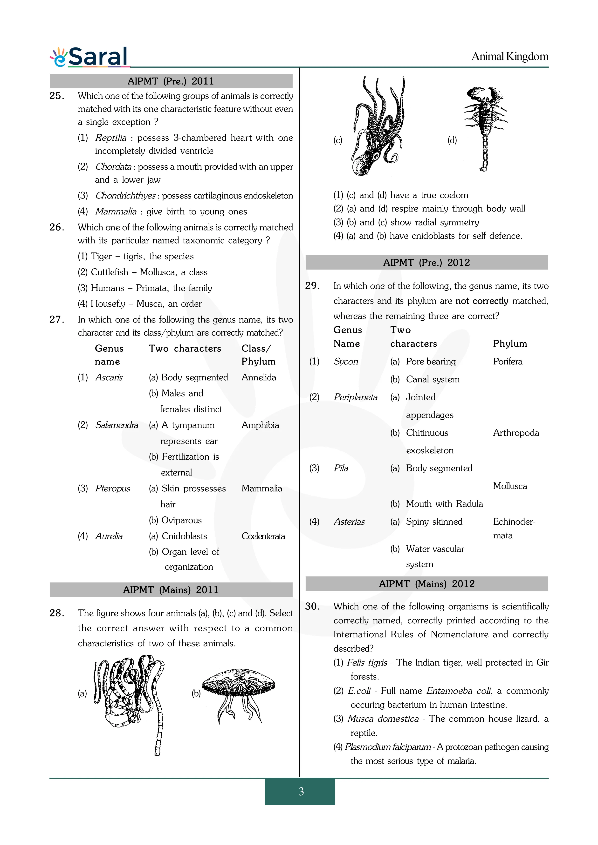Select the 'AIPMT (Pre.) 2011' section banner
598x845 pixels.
click(x=171, y=81)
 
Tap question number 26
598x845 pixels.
click(x=57, y=227)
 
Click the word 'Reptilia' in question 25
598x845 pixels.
click(x=110, y=138)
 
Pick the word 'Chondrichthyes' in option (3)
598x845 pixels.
click(x=125, y=196)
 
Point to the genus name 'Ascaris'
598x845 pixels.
click(x=109, y=378)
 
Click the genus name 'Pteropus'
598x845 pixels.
click(x=112, y=489)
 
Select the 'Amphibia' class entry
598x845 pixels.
click(x=260, y=425)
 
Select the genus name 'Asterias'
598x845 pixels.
click(x=349, y=522)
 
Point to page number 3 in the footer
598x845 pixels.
click(x=301, y=791)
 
